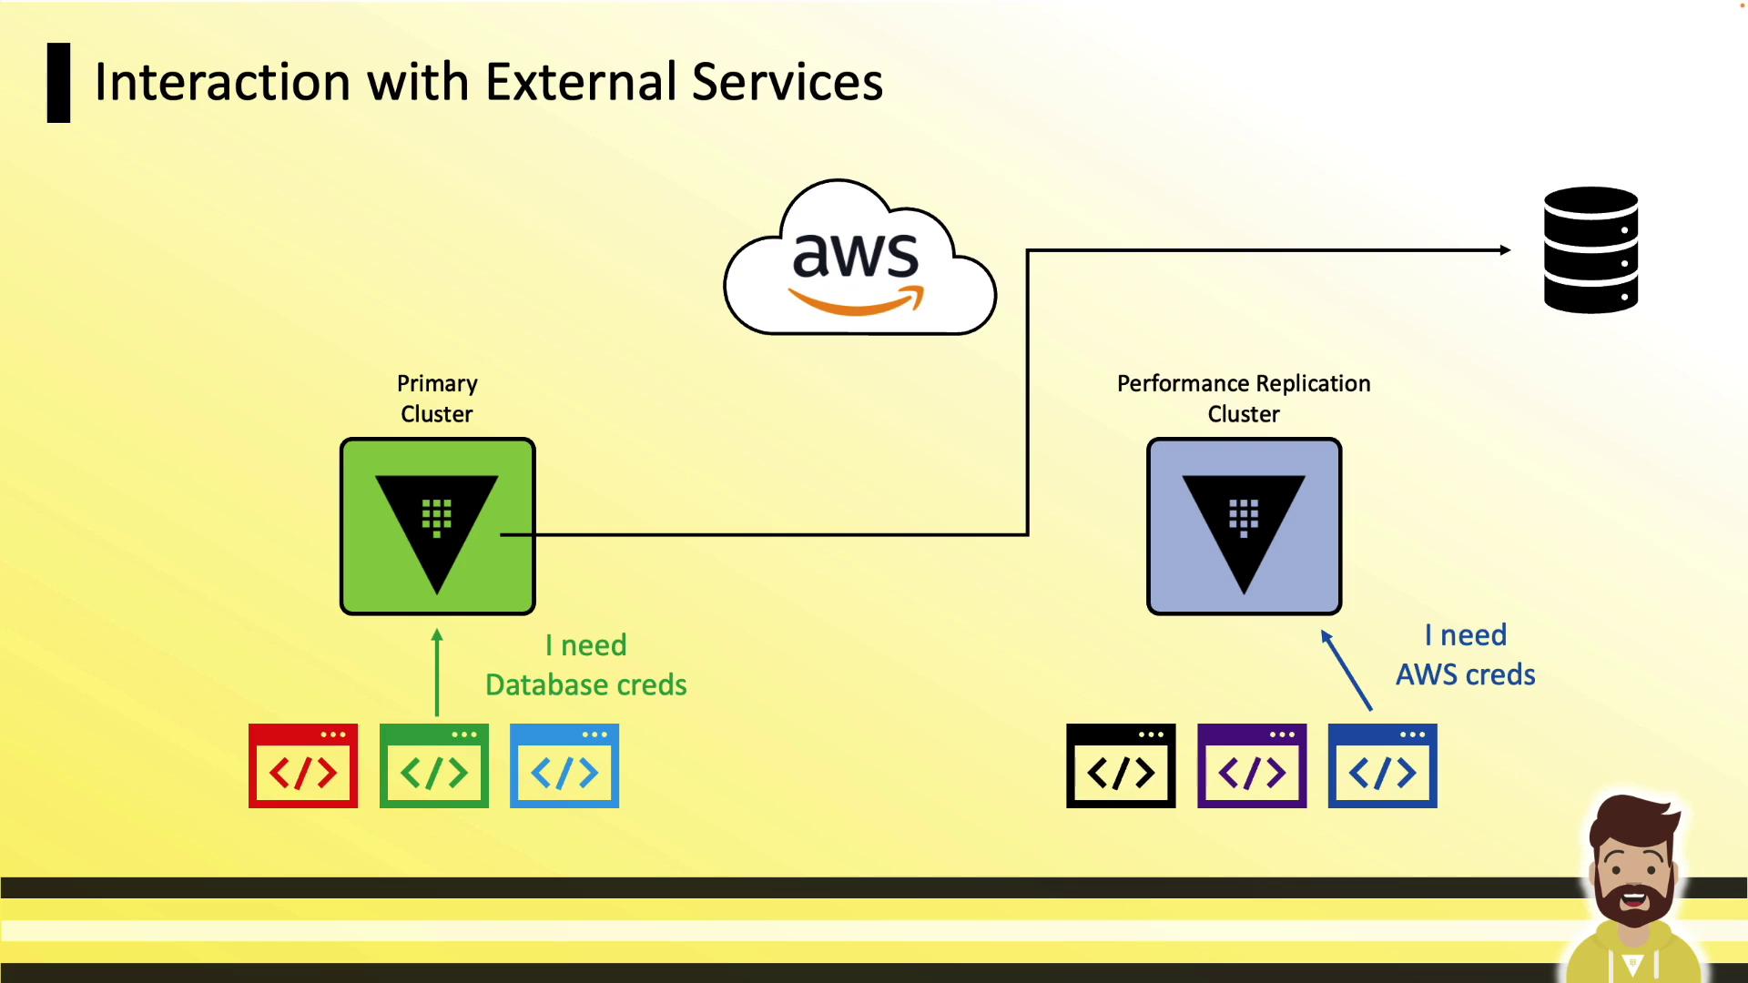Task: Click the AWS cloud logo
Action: tap(859, 259)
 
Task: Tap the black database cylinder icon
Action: tap(1590, 250)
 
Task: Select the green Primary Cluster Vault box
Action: tap(437, 526)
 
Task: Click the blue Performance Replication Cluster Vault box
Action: tap(1244, 526)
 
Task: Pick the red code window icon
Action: tap(303, 765)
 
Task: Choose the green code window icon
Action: tap(434, 765)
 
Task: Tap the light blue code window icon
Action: tap(564, 765)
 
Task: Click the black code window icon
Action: tap(1121, 765)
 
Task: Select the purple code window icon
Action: tap(1252, 765)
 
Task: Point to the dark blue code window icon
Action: tap(1382, 765)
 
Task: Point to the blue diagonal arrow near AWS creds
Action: tap(1347, 670)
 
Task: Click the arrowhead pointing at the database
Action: tap(1505, 250)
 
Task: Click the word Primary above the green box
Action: tap(437, 383)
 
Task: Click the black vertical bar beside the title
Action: tap(59, 83)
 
